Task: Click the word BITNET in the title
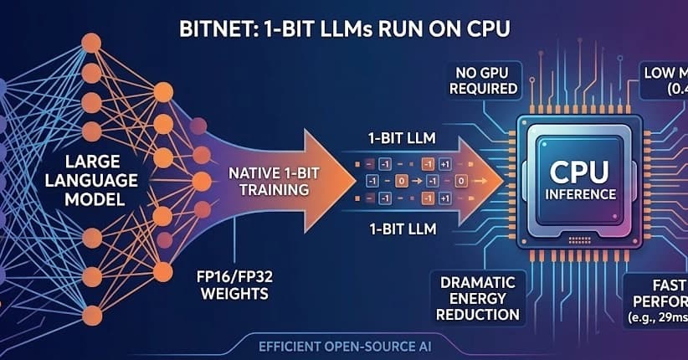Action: (213, 28)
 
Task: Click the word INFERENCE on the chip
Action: (578, 194)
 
